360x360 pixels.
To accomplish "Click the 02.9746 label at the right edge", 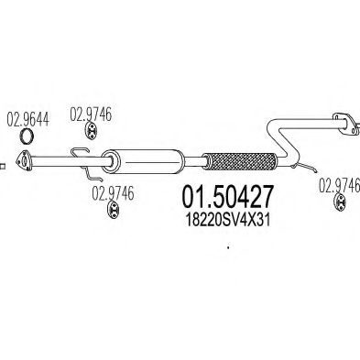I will point(338,184).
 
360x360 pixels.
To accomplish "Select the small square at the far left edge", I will point(3,166).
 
